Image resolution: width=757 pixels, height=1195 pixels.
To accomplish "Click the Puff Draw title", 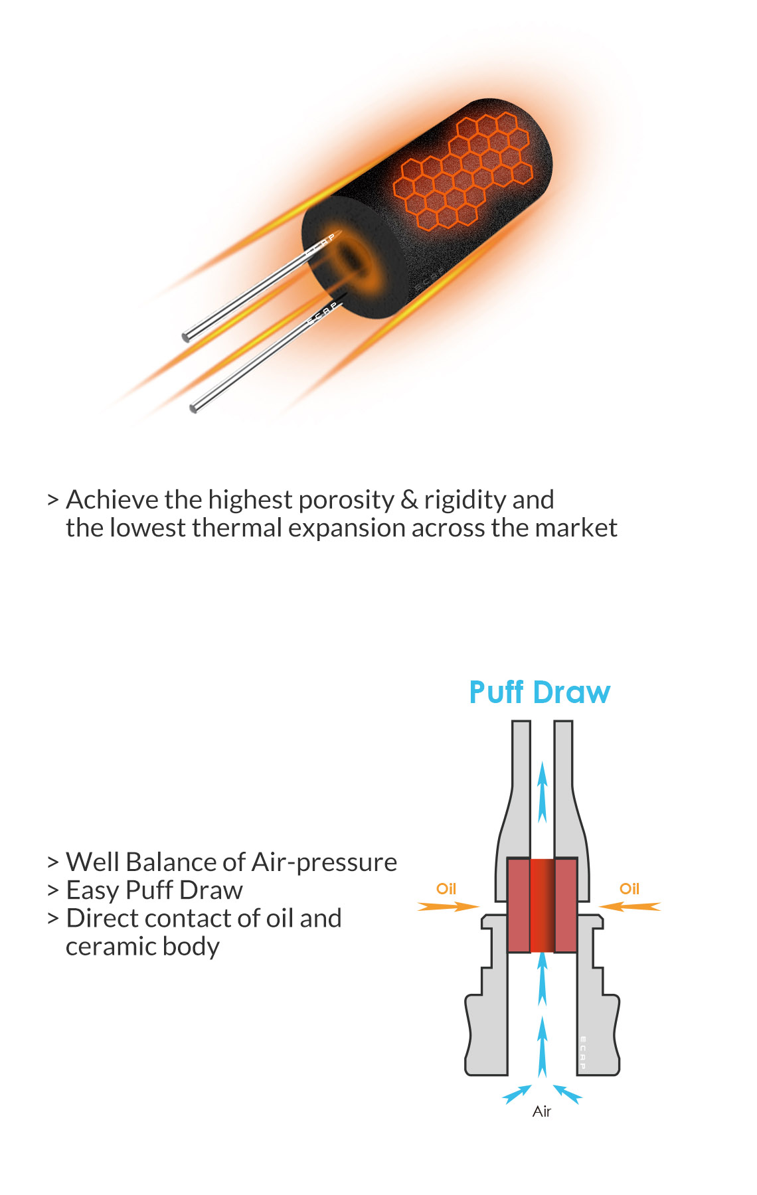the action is pos(539,692).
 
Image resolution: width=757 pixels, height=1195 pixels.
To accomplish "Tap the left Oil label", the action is pos(446,889).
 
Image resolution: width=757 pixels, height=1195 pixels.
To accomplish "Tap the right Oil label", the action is pos(630,889).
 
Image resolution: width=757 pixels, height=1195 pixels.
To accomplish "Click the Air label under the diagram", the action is pos(542,1111).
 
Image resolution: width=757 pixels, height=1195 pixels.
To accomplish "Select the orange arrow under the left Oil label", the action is pos(448,906).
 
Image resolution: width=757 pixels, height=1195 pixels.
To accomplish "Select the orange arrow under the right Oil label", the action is pos(630,906).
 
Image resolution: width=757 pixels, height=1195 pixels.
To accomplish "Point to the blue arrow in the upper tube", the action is pos(543,793).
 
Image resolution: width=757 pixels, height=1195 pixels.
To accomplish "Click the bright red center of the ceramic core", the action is pos(543,906).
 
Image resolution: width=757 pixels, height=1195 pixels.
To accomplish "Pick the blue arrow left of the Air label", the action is pos(517,1093).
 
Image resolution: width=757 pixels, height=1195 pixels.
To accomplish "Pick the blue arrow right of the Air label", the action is pos(568,1093).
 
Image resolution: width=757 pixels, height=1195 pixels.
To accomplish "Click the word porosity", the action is pos(347,501).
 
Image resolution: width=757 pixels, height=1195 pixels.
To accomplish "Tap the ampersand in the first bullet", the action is pos(410,500).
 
